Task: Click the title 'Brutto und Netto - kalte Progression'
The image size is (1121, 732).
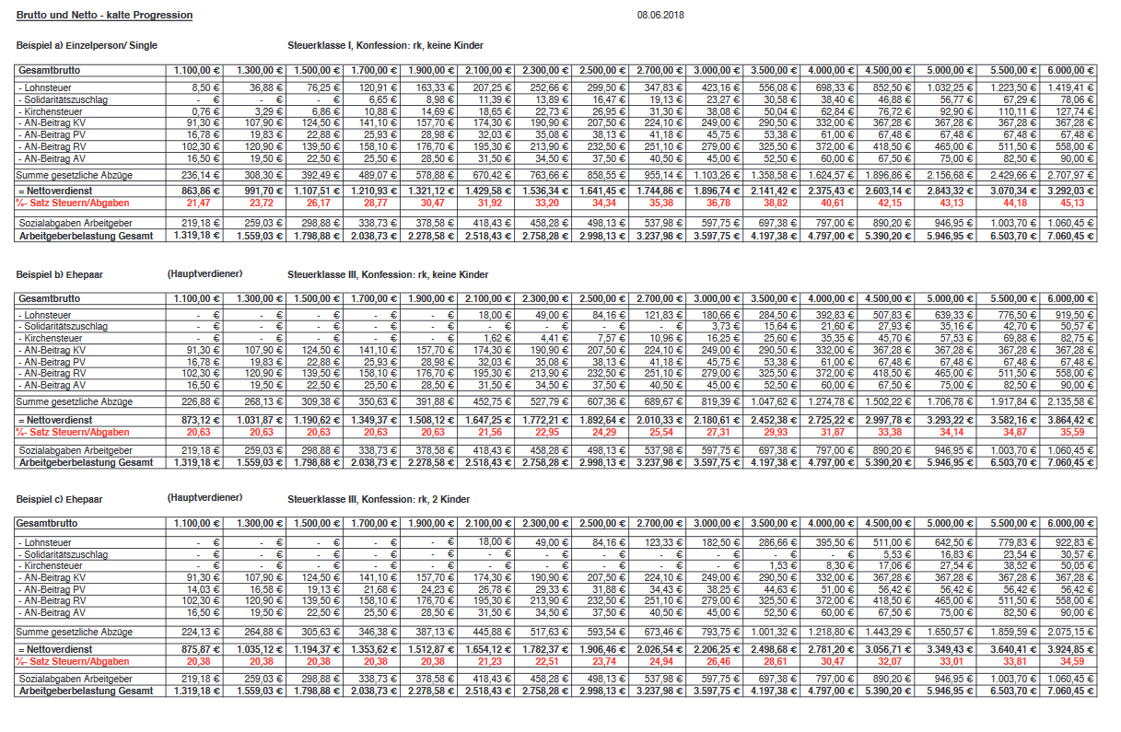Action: point(105,16)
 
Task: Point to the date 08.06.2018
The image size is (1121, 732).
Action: point(660,16)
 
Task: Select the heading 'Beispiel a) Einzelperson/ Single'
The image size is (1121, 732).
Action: point(87,45)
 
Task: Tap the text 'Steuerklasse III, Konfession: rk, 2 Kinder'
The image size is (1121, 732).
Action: point(379,499)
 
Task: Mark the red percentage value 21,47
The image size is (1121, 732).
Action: point(198,203)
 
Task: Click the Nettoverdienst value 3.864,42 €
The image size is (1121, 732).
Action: point(1073,419)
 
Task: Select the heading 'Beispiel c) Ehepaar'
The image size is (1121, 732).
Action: point(60,499)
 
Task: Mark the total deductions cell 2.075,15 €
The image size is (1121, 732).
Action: point(1073,632)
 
